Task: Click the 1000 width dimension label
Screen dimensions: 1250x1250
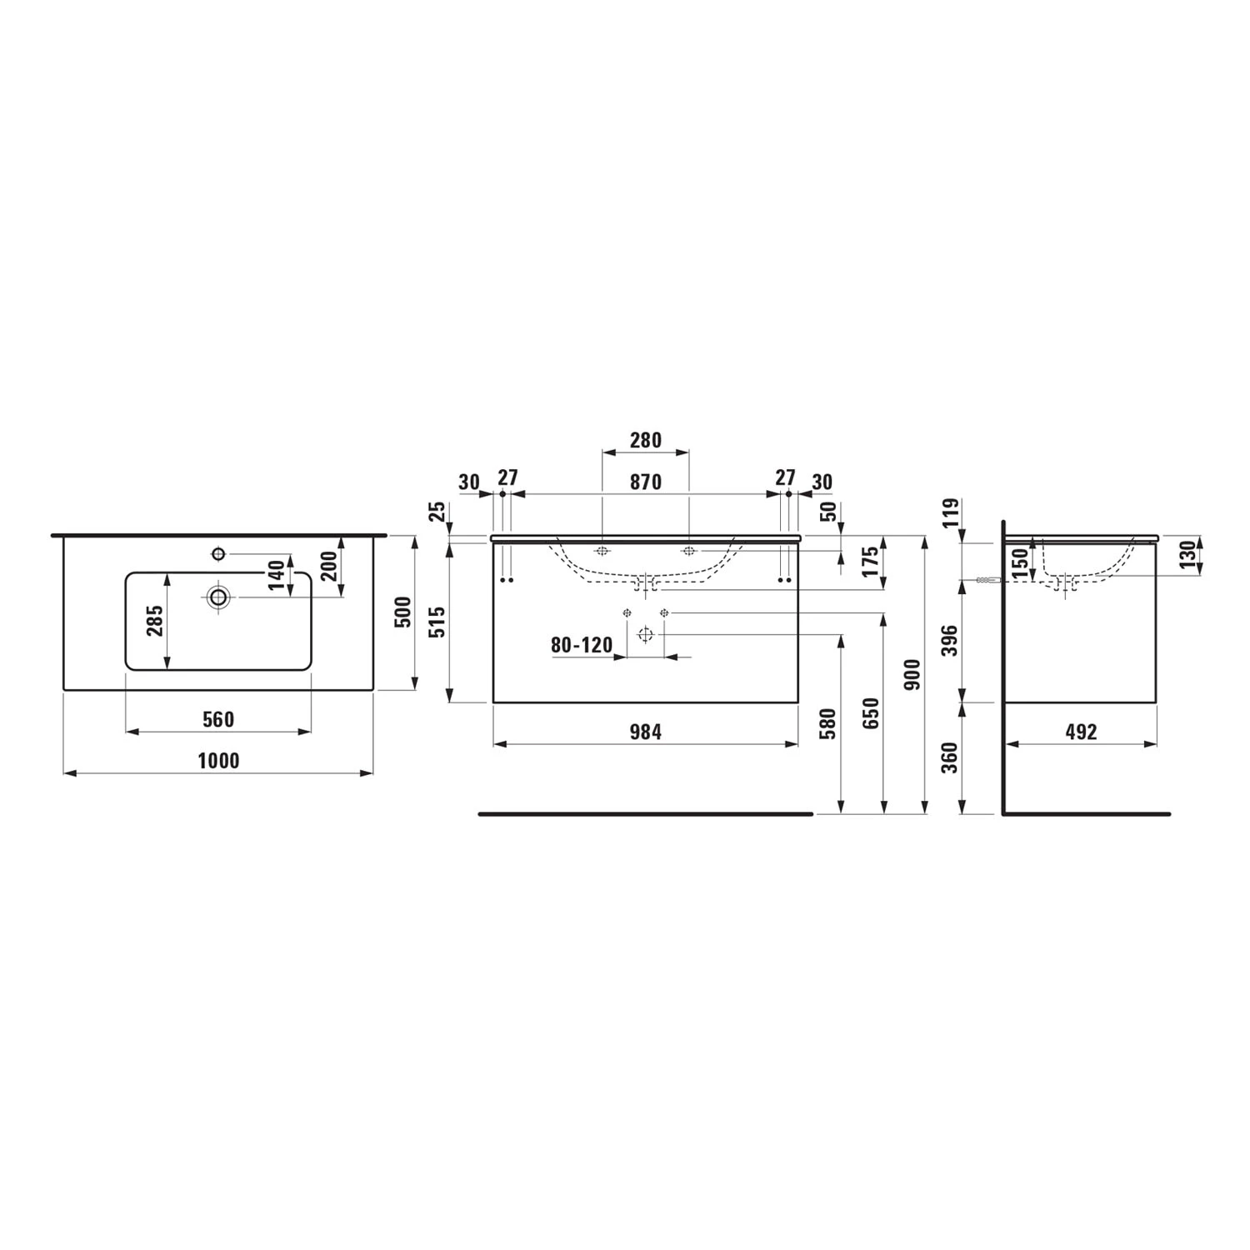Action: tap(218, 761)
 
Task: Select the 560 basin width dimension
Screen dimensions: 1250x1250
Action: tap(218, 719)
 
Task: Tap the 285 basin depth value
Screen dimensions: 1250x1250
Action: tap(155, 621)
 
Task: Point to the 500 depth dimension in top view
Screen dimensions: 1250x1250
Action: tap(402, 612)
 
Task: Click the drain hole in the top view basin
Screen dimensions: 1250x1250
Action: tap(218, 597)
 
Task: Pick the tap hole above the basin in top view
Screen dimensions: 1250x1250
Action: tap(218, 553)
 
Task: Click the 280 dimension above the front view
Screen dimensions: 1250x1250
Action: tap(645, 440)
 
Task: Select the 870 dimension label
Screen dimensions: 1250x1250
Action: tap(645, 482)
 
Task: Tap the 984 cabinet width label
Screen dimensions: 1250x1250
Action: tap(645, 732)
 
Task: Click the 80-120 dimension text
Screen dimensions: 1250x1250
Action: tap(581, 645)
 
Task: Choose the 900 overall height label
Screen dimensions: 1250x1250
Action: tap(912, 674)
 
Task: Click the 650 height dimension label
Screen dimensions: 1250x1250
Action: tap(871, 713)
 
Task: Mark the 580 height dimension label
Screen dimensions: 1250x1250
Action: tap(828, 724)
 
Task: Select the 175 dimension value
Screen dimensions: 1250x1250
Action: tap(871, 562)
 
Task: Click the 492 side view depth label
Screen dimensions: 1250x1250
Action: tap(1081, 732)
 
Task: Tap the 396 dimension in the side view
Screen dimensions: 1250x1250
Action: tap(950, 640)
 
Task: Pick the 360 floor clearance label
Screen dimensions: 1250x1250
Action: tap(950, 757)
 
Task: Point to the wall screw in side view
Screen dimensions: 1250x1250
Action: tap(987, 580)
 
